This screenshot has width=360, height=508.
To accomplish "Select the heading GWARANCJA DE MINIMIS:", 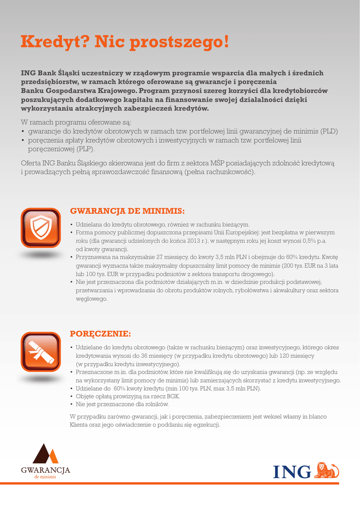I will point(127,211).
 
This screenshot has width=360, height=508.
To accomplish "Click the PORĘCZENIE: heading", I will point(101,332).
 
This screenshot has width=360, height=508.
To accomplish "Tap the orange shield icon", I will point(40,228).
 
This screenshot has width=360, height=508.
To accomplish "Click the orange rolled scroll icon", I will point(40,352).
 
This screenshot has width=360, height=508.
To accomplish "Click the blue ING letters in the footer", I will point(292,471).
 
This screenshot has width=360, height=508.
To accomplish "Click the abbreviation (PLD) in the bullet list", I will point(329,131).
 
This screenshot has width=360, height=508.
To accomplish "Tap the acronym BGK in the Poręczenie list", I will point(173,396).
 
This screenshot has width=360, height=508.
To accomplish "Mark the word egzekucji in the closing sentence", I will point(207,425).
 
